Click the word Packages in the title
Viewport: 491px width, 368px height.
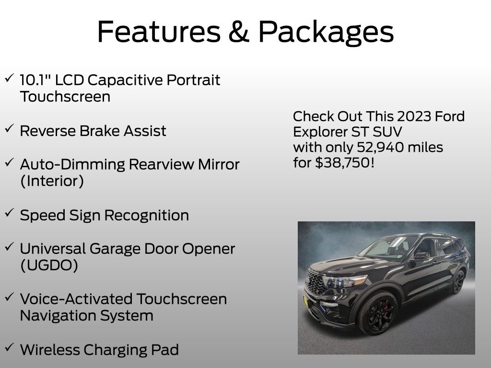pyautogui.click(x=326, y=32)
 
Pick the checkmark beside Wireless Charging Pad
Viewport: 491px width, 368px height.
pyautogui.click(x=9, y=347)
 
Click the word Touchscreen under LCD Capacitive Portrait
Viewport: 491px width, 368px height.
pyautogui.click(x=65, y=97)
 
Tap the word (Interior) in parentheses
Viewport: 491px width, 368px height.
pyautogui.click(x=52, y=181)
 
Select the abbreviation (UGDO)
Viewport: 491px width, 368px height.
pyautogui.click(x=49, y=265)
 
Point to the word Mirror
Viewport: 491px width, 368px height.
pyautogui.click(x=218, y=164)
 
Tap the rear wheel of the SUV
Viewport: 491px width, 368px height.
pyautogui.click(x=457, y=283)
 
